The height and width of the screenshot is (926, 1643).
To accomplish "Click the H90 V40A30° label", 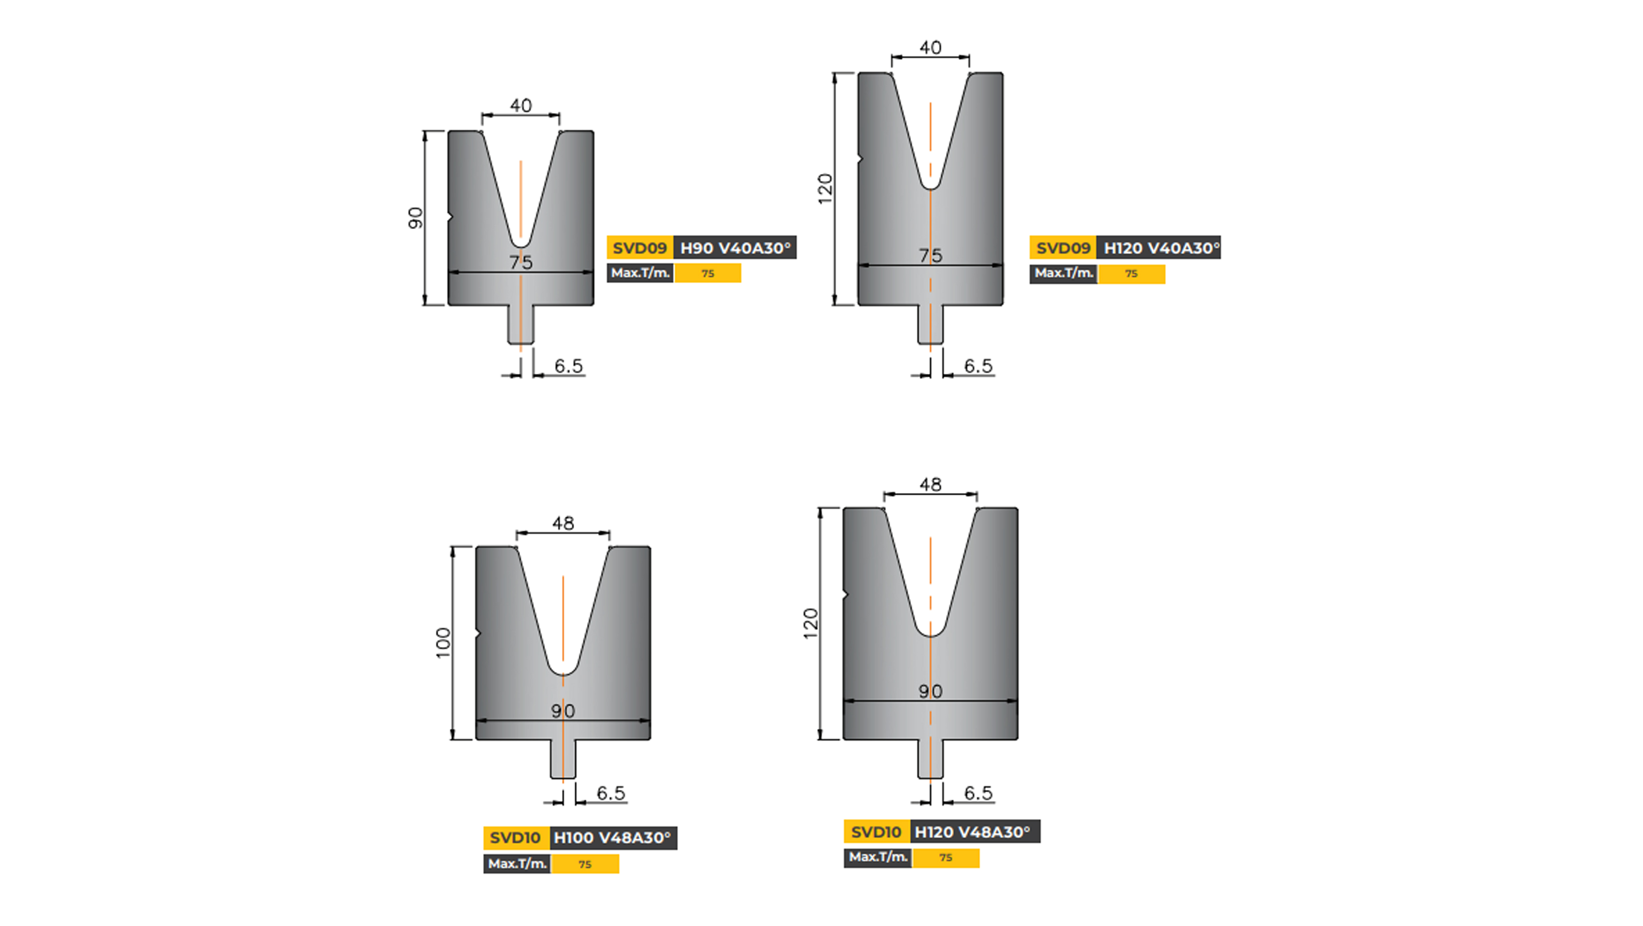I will pos(735,247).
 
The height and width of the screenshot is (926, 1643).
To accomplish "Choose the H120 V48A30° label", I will pos(974,831).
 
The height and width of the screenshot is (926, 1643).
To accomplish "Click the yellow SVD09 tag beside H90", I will pos(640,247).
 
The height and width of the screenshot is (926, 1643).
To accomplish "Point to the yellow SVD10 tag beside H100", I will pos(515,837).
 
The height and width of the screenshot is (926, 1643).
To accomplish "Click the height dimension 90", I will pos(415,218).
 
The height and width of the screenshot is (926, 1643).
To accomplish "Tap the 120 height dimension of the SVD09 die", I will pos(825,189).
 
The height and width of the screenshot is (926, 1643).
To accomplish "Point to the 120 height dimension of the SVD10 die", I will pos(811,624).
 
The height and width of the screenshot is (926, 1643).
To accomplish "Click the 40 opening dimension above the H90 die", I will pos(521,105).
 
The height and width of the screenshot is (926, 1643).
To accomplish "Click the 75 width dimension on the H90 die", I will pos(521,262).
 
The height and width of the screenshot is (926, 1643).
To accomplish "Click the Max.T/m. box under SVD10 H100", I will pos(517,863).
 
